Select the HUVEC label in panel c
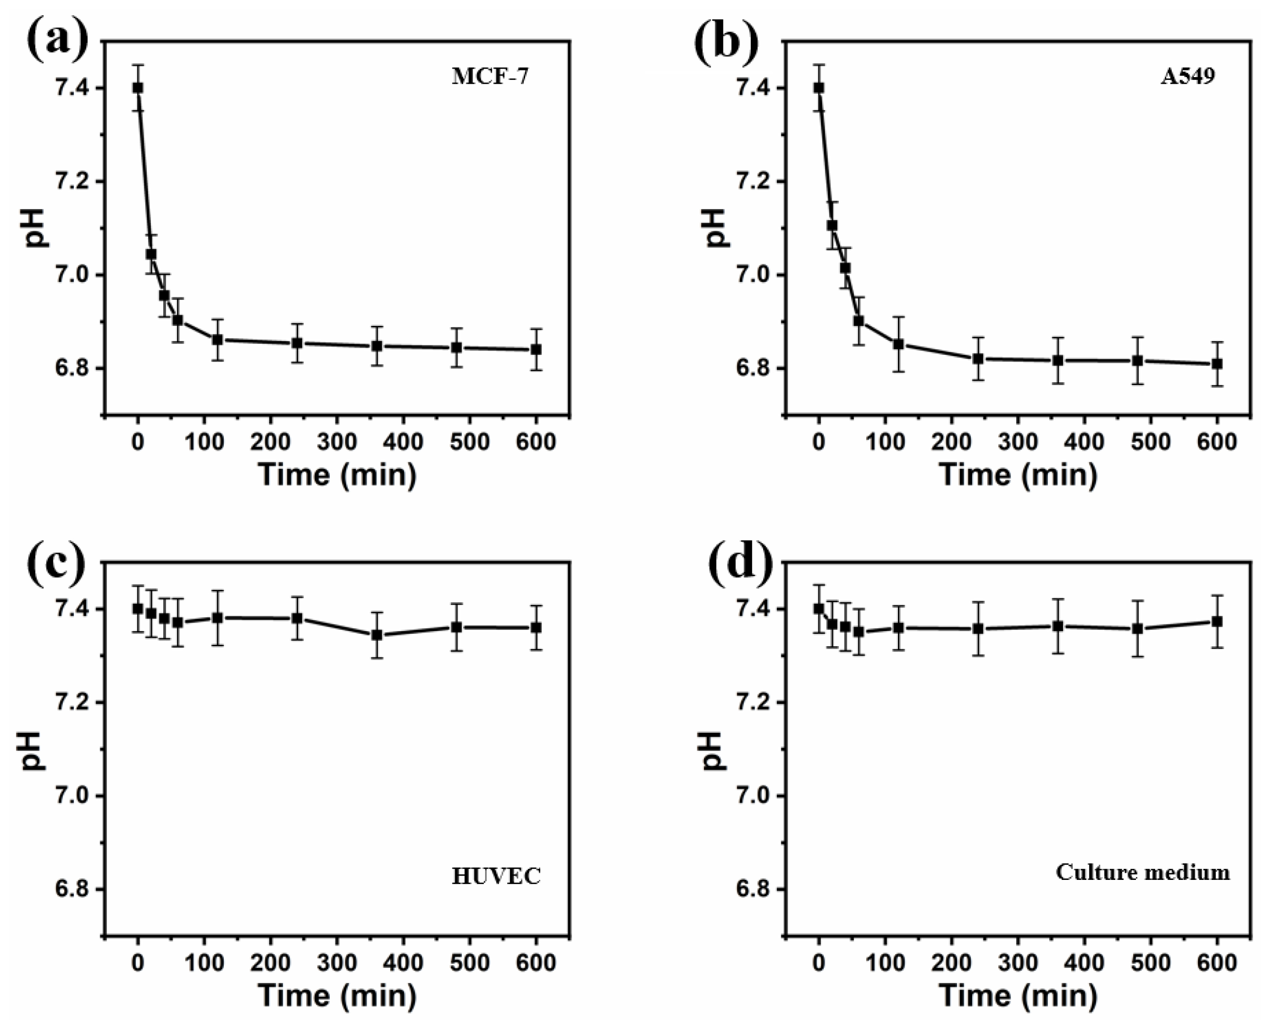click(x=496, y=876)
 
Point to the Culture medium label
click(x=1143, y=872)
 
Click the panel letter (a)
click(x=57, y=42)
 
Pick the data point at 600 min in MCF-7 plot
click(x=536, y=349)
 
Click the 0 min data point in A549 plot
click(x=819, y=88)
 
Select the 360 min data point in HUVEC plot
click(x=377, y=635)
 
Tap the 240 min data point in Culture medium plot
click(x=978, y=628)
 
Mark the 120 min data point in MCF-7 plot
click(x=217, y=340)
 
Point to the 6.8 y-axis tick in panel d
click(x=753, y=889)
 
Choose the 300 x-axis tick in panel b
click(x=1018, y=441)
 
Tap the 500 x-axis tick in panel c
click(x=469, y=963)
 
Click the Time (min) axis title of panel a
click(x=337, y=474)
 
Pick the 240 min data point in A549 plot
click(x=978, y=359)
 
